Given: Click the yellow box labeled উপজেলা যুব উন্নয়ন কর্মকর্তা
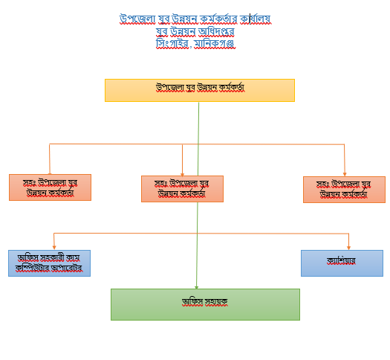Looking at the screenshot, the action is tap(200, 91).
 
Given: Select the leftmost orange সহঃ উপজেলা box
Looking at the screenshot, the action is tap(50, 187).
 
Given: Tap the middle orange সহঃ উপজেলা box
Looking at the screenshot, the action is tap(182, 189).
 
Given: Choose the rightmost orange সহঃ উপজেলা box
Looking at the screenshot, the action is tap(344, 190).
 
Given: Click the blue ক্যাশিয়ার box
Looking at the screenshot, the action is tap(342, 263).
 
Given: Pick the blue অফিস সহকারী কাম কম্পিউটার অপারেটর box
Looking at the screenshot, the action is tap(49, 263).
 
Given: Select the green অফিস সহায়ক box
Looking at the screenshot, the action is tap(205, 304).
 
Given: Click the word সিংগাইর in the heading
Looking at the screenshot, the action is tap(172, 44).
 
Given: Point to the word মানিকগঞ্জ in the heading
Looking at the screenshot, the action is tap(215, 44).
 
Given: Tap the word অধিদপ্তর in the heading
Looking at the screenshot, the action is tap(216, 32).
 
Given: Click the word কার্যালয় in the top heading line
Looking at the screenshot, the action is tap(256, 19).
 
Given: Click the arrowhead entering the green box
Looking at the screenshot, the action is tap(197, 287).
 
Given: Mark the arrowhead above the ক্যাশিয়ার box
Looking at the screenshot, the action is tap(348, 248).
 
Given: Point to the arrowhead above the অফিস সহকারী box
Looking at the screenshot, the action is tap(54, 248).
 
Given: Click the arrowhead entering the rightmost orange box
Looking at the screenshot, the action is tap(345, 174).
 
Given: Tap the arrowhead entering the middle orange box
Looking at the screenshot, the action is tap(182, 174).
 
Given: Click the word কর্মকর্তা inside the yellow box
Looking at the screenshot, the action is tap(232, 88).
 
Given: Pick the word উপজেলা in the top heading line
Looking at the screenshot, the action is tap(137, 19).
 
